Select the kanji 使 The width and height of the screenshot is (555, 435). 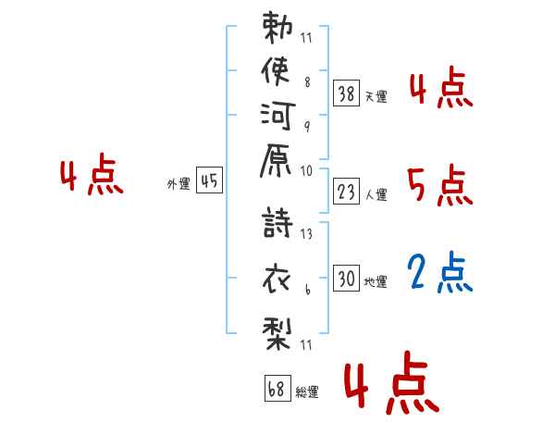(276, 71)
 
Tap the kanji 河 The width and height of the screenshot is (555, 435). (277, 117)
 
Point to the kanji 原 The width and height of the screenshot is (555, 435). (276, 160)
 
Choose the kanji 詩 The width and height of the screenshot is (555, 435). (277, 222)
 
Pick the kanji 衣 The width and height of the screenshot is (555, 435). (277, 280)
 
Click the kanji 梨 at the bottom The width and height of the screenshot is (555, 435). (277, 334)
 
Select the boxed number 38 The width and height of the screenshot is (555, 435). (347, 93)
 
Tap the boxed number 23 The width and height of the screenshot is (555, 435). (347, 192)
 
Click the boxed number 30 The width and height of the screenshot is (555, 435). (347, 279)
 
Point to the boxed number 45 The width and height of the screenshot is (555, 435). (210, 180)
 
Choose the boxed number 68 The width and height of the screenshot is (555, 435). (277, 388)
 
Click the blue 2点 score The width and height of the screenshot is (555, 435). (440, 272)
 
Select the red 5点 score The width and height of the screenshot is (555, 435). (440, 185)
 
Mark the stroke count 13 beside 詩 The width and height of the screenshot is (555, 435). (306, 234)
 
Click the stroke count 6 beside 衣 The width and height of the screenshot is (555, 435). (308, 290)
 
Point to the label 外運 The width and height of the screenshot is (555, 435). (179, 184)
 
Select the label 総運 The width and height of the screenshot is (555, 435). (307, 392)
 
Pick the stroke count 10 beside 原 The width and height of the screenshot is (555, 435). (306, 171)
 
